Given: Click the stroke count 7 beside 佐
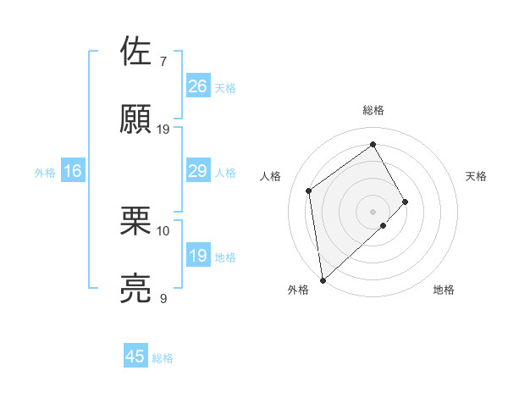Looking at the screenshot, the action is click(163, 62).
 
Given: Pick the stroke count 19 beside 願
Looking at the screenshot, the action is click(163, 130).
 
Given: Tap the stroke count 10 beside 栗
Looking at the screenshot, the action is click(163, 230).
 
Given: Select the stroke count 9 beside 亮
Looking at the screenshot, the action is click(163, 298).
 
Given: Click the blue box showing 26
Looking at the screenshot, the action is click(197, 86).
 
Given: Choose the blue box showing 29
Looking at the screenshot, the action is click(197, 172).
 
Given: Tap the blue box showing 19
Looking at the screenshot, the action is click(197, 256).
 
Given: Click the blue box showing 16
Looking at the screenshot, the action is click(72, 172).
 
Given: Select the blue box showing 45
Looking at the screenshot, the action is click(135, 357).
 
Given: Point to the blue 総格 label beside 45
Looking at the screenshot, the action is click(163, 358).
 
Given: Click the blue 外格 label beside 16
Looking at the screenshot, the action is click(45, 173).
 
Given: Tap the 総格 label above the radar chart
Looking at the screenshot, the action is click(373, 110).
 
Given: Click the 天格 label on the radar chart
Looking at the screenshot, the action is click(477, 176).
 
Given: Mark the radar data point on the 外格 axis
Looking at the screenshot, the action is click(323, 279).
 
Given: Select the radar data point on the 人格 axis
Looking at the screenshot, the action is click(309, 191).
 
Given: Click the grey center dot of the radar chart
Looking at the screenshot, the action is click(373, 211).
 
